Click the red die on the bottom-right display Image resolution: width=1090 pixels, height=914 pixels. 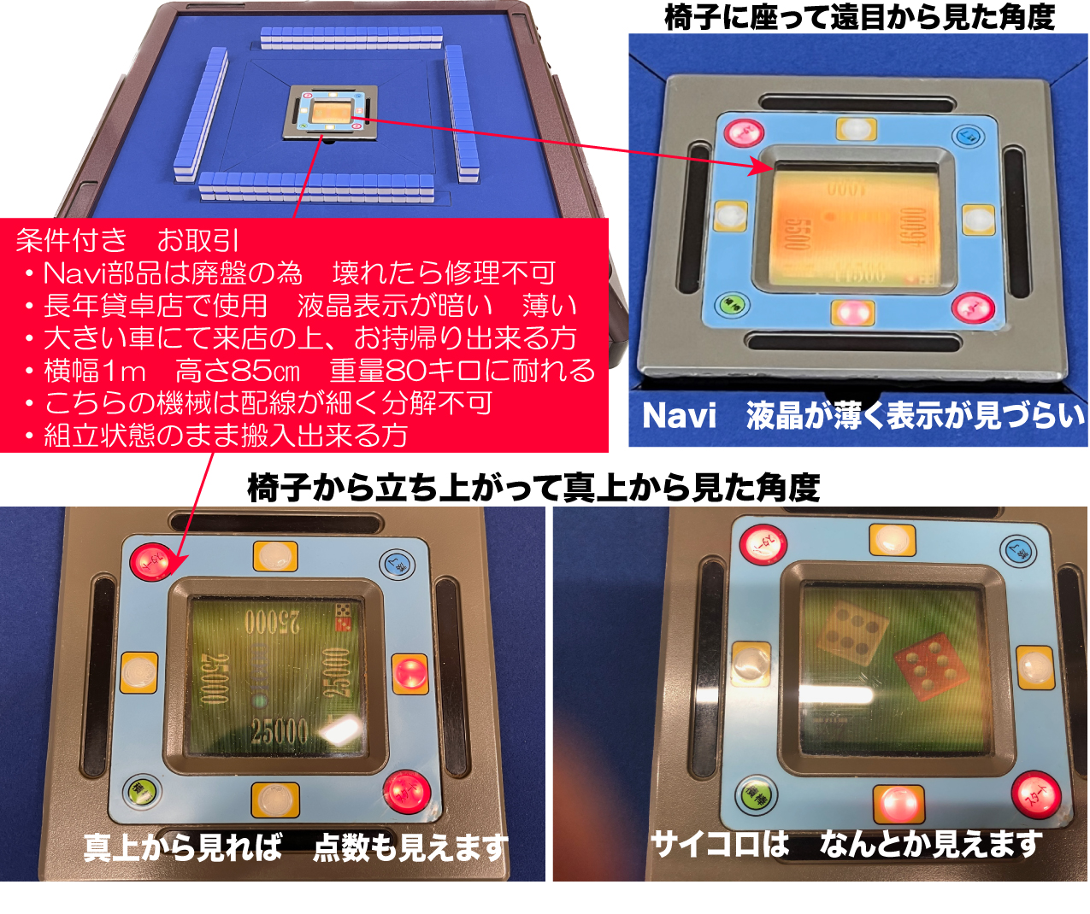pos(929,665)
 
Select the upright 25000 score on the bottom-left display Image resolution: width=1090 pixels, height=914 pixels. pos(280,731)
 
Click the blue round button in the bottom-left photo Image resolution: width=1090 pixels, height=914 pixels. pos(397,564)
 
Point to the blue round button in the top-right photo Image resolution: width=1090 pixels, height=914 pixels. pos(967,136)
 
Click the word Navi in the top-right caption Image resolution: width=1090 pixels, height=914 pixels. pos(680,416)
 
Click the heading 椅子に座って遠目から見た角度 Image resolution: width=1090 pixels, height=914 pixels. pos(859,16)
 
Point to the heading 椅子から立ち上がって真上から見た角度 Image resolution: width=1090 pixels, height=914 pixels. pos(533,488)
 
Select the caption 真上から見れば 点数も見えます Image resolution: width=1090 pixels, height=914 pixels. pos(295,847)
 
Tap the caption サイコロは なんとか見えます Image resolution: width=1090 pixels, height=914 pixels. pos(846,844)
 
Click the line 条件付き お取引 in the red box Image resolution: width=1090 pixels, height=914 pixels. pos(128,240)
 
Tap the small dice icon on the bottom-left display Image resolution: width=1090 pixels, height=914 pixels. pos(343,617)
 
